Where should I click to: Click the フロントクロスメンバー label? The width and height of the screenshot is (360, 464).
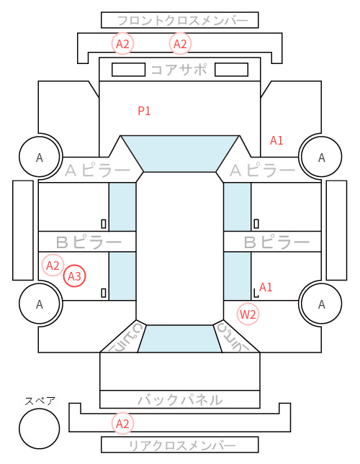pyautogui.click(x=182, y=21)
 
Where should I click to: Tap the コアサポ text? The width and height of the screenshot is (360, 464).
pyautogui.click(x=179, y=70)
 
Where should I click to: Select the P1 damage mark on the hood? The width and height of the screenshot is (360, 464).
pyautogui.click(x=145, y=111)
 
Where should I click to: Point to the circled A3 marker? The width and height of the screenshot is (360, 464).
pyautogui.click(x=75, y=276)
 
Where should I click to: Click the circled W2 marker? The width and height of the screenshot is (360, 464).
pyautogui.click(x=248, y=314)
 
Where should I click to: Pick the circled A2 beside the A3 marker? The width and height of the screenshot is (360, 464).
pyautogui.click(x=53, y=265)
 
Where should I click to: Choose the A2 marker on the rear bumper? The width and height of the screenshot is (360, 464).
pyautogui.click(x=122, y=424)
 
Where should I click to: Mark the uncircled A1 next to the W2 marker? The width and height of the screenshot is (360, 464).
pyautogui.click(x=266, y=287)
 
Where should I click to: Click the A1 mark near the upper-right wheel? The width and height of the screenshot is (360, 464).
pyautogui.click(x=276, y=140)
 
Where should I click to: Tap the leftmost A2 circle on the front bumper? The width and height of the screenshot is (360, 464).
pyautogui.click(x=122, y=44)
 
